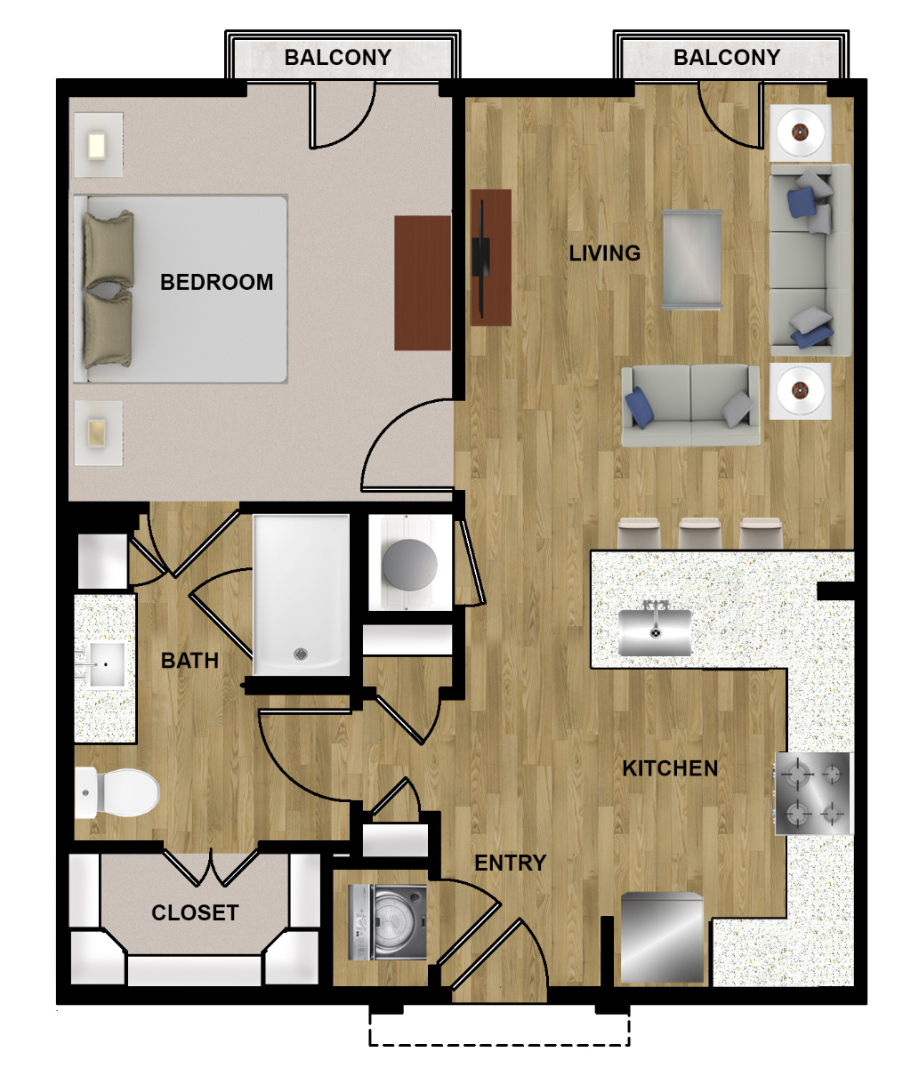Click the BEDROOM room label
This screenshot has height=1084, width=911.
(216, 283)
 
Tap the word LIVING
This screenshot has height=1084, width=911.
(605, 253)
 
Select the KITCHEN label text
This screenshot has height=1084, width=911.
(670, 768)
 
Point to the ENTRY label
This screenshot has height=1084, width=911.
(510, 863)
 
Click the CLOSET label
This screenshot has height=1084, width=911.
(195, 912)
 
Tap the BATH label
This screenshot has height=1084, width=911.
(189, 661)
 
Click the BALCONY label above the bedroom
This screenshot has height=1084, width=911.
(337, 57)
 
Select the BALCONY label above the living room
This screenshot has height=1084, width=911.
(727, 57)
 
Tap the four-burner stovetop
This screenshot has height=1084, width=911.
(813, 793)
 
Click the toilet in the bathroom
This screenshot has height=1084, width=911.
(117, 792)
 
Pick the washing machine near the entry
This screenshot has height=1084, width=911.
(388, 922)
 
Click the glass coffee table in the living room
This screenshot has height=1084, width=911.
(692, 260)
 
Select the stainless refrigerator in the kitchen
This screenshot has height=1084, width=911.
(662, 937)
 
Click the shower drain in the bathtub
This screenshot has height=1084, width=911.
(300, 654)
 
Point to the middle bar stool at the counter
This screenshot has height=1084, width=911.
(699, 534)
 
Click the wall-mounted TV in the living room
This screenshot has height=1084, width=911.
(481, 258)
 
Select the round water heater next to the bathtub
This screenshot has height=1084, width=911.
(410, 564)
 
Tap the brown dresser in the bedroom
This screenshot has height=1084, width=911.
(423, 283)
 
